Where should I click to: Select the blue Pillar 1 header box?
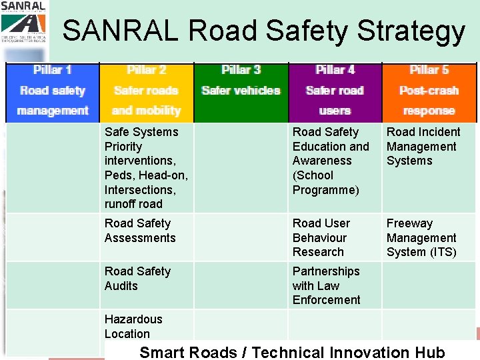pos(53,91)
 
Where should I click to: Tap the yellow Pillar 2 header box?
pos(147,91)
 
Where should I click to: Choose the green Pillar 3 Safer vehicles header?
pos(241,91)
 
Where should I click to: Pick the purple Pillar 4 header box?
pos(335,91)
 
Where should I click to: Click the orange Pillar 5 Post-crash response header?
pos(429,91)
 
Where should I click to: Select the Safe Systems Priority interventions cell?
pos(147,168)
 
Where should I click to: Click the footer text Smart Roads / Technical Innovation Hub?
pos(292,352)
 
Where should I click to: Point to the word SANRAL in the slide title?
pos(121,31)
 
